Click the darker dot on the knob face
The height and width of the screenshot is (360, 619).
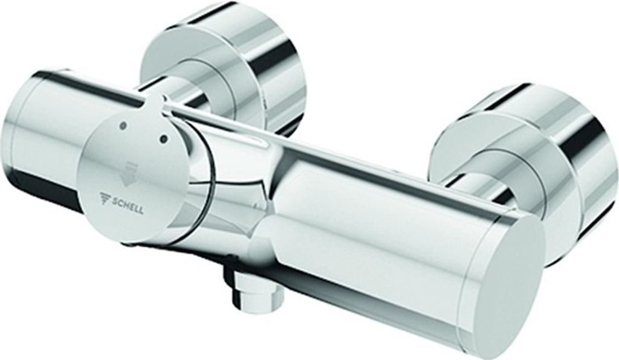coord(163,138)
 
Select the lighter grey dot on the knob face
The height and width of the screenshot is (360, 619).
coord(123,126)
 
